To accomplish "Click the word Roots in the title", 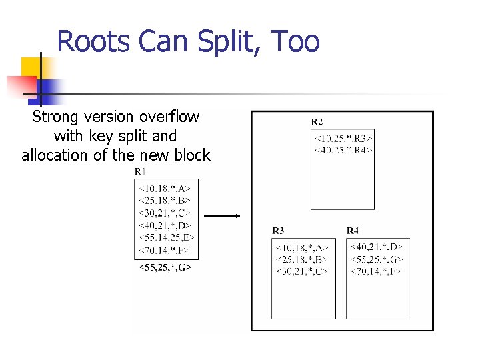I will [93, 41].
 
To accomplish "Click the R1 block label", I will [141, 172].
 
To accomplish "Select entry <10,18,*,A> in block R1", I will [165, 189].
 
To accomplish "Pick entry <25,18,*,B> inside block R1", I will [165, 201].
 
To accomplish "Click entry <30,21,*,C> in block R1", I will [165, 213].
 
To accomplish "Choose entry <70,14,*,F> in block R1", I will [165, 251].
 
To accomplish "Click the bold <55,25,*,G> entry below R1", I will [165, 267].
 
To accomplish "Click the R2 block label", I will [317, 122].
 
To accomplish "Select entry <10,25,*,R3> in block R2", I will [343, 139].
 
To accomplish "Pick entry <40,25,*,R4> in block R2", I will [343, 151].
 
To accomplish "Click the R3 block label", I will [278, 231].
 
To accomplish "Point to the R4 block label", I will [353, 231].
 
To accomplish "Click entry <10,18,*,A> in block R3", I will [302, 247].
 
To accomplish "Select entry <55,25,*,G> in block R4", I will [377, 259].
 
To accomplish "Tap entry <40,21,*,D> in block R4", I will [377, 247].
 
